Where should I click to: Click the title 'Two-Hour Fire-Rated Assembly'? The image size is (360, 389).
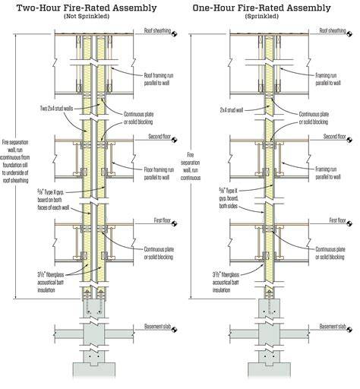pos(87,8)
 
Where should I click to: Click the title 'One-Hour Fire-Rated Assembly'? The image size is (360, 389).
pos(261,8)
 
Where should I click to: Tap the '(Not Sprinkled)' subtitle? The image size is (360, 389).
pos(87,16)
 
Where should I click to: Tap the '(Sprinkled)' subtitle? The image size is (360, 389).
pos(262,16)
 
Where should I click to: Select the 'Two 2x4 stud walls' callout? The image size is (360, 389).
pos(56,109)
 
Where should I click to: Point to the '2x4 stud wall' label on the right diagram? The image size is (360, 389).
pos(232,110)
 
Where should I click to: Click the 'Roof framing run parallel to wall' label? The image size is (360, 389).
pos(159,79)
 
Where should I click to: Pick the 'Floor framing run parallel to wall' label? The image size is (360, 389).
pos(159,173)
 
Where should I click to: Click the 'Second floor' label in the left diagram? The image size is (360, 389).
pos(159,137)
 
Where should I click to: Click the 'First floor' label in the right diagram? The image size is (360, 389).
pos(337,220)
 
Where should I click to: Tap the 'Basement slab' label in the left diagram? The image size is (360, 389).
pos(157,326)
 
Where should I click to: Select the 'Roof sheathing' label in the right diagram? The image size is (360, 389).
pos(333,30)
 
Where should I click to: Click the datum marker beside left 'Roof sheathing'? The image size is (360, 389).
pos(174,33)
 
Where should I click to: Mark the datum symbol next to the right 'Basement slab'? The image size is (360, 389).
pos(349,330)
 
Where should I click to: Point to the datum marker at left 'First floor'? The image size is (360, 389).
pos(174,223)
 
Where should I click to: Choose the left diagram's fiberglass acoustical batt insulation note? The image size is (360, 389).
pos(51,282)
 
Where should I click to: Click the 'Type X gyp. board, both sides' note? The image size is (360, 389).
pos(229,198)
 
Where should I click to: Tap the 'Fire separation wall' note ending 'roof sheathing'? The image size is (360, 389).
pos(15,161)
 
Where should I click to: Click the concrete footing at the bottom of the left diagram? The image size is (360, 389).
pos(94,370)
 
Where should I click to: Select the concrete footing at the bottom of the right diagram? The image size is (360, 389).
pos(270,370)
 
